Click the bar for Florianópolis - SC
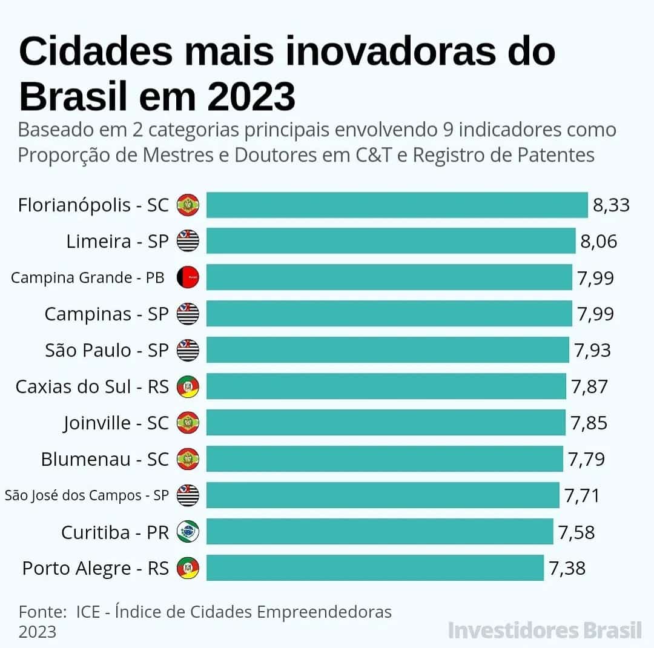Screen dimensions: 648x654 397,205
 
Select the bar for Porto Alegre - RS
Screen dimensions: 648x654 375,568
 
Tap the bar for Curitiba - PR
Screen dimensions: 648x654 380,532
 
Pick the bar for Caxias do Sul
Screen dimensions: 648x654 386,386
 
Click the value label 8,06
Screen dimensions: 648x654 598,242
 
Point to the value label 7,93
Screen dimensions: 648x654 593,350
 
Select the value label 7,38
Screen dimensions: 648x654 567,568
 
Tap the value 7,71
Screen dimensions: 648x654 582,495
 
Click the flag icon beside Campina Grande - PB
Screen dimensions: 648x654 188,277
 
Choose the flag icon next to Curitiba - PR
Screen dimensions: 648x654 188,532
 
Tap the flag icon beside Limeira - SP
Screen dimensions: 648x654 188,241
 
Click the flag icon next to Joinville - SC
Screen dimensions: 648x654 188,423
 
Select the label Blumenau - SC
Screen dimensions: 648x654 105,459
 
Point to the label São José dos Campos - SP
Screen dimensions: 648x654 87,495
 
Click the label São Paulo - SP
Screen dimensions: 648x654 107,350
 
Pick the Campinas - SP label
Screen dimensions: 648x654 106,314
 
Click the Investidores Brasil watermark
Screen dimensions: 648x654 544,630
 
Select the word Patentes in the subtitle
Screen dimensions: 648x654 557,154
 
